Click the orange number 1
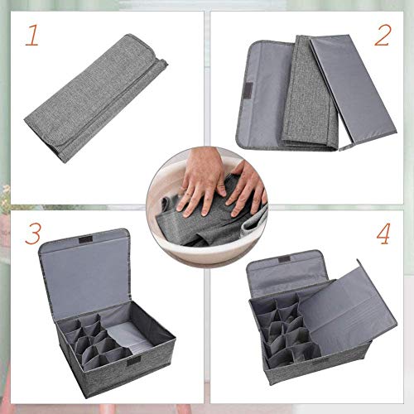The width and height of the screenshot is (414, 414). pos(31,36)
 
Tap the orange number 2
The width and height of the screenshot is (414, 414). pos(382,35)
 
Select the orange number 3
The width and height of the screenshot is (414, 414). pos(31,235)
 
